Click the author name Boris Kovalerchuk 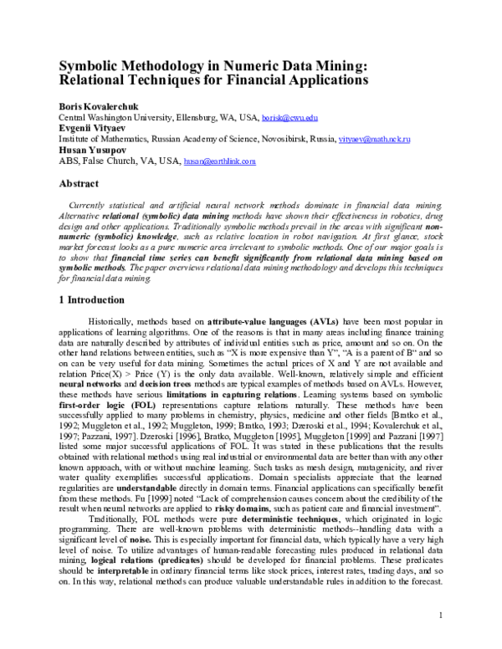(x=93, y=108)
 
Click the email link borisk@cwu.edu (x=289, y=119)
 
